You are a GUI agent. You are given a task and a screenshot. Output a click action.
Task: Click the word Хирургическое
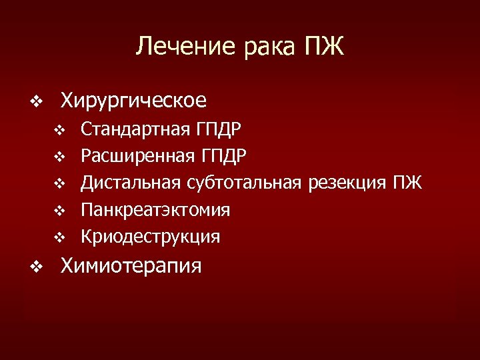click(133, 101)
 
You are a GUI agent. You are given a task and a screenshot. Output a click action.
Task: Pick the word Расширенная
click(135, 156)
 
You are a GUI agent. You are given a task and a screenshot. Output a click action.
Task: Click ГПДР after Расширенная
click(221, 156)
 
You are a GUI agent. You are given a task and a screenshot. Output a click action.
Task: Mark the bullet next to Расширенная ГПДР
click(59, 157)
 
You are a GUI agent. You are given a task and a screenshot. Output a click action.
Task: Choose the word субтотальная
click(247, 183)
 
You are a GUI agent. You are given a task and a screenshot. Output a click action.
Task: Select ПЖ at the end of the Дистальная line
click(407, 183)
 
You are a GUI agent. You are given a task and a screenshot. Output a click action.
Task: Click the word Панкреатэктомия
click(155, 210)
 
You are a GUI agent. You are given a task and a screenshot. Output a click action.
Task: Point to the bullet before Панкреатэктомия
click(59, 211)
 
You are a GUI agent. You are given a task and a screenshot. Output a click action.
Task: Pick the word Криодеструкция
click(150, 237)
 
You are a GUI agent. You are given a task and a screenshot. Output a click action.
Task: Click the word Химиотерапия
click(131, 266)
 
